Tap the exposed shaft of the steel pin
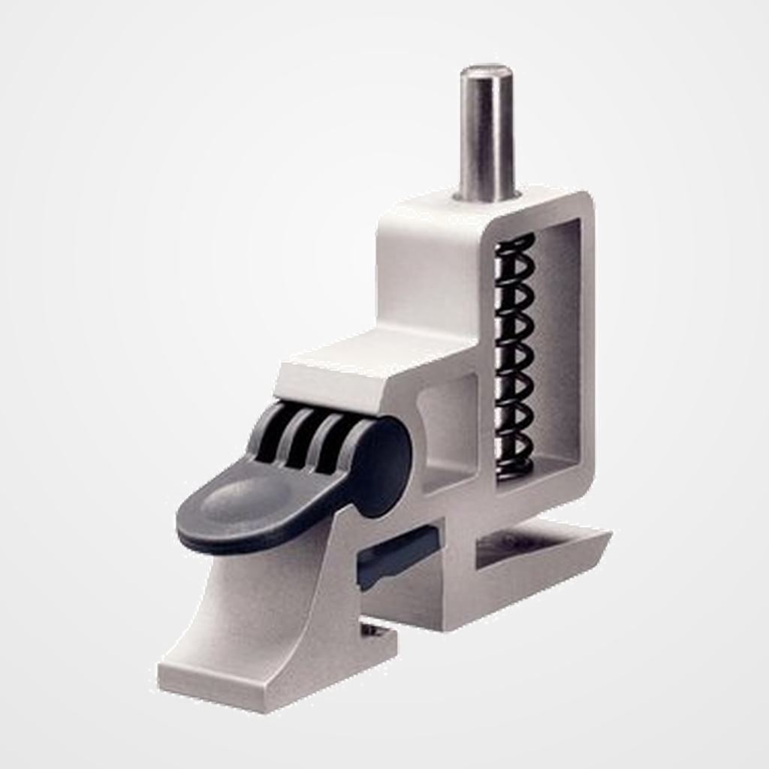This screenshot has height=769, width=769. [487, 135]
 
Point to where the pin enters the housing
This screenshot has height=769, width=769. [487, 197]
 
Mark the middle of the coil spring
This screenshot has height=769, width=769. [514, 353]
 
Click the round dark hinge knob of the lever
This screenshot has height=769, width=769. [383, 466]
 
